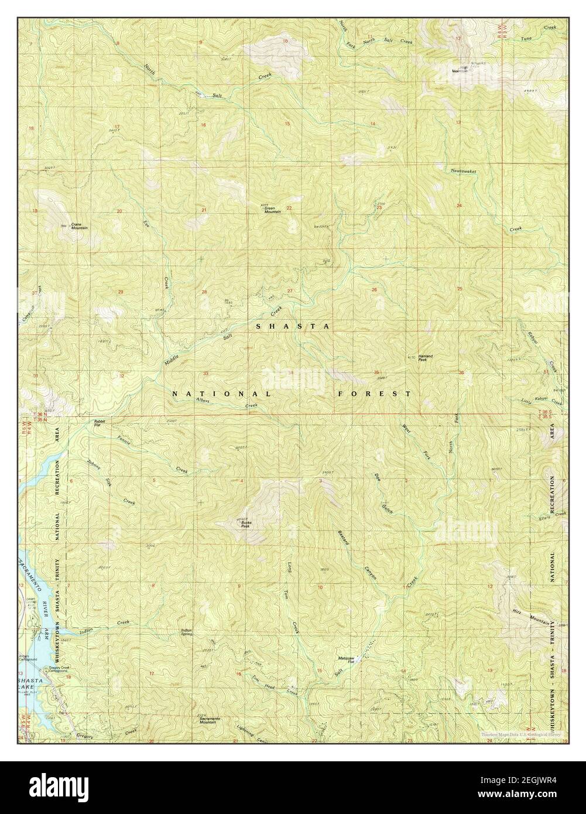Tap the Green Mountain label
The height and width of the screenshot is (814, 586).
click(273, 210)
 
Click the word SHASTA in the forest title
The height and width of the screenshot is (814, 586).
click(293, 326)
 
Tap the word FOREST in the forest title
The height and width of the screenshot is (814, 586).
click(374, 394)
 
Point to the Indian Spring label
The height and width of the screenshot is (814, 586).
click(187, 632)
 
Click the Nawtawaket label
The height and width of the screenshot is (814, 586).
click(464, 170)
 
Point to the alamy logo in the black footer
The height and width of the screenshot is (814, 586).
click(59, 786)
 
